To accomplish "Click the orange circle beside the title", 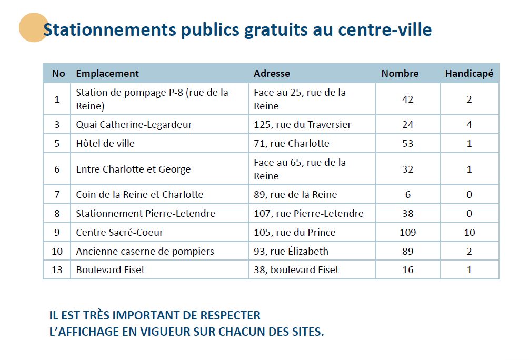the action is click(33, 27).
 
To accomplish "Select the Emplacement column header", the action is click(107, 74).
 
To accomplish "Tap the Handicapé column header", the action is click(469, 74).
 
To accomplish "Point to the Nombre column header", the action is click(400, 74).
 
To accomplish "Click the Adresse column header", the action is click(272, 74).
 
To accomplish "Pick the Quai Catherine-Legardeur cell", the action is click(134, 125).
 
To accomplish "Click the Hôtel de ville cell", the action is click(105, 143).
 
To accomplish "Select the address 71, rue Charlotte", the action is click(291, 143).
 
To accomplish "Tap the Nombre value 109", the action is click(407, 233).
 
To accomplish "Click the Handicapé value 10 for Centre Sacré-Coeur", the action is click(470, 233).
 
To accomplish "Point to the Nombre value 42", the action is click(407, 99).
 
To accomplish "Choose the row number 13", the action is click(57, 270).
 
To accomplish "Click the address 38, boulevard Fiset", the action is click(296, 270).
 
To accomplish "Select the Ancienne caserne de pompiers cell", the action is click(145, 252).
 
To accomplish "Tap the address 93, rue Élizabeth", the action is click(291, 251).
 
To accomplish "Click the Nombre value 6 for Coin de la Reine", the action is click(407, 195).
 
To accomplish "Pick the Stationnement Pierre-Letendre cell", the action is click(145, 214).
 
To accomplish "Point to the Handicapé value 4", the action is click(469, 125).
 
